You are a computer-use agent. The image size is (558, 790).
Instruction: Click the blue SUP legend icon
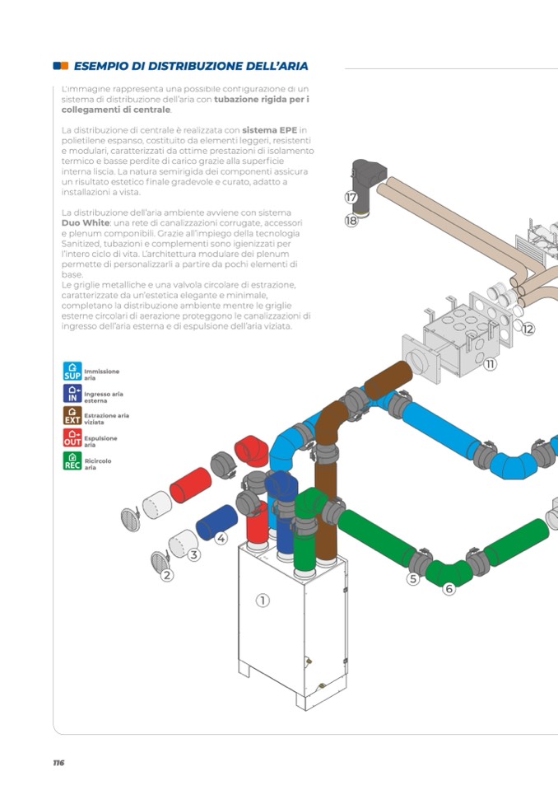click(72, 371)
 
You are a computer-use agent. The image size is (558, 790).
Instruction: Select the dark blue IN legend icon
click(72, 394)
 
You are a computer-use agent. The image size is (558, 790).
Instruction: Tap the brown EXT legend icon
click(72, 415)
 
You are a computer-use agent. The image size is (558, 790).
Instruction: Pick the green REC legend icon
click(72, 460)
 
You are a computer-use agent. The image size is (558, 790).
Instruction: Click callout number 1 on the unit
click(263, 601)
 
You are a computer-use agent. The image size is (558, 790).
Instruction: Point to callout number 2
click(167, 575)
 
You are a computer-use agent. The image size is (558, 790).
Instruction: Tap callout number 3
click(194, 555)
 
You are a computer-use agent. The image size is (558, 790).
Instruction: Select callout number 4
click(221, 538)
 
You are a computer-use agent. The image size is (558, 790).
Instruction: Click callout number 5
click(413, 579)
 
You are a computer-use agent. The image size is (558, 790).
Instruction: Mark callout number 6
click(449, 588)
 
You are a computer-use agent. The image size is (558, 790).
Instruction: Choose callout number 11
click(491, 363)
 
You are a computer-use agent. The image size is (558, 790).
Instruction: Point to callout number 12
click(528, 329)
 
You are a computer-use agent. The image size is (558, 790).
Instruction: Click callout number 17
click(351, 198)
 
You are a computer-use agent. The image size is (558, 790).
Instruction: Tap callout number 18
click(351, 221)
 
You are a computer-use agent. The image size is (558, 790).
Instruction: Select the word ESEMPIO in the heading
click(104, 66)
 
